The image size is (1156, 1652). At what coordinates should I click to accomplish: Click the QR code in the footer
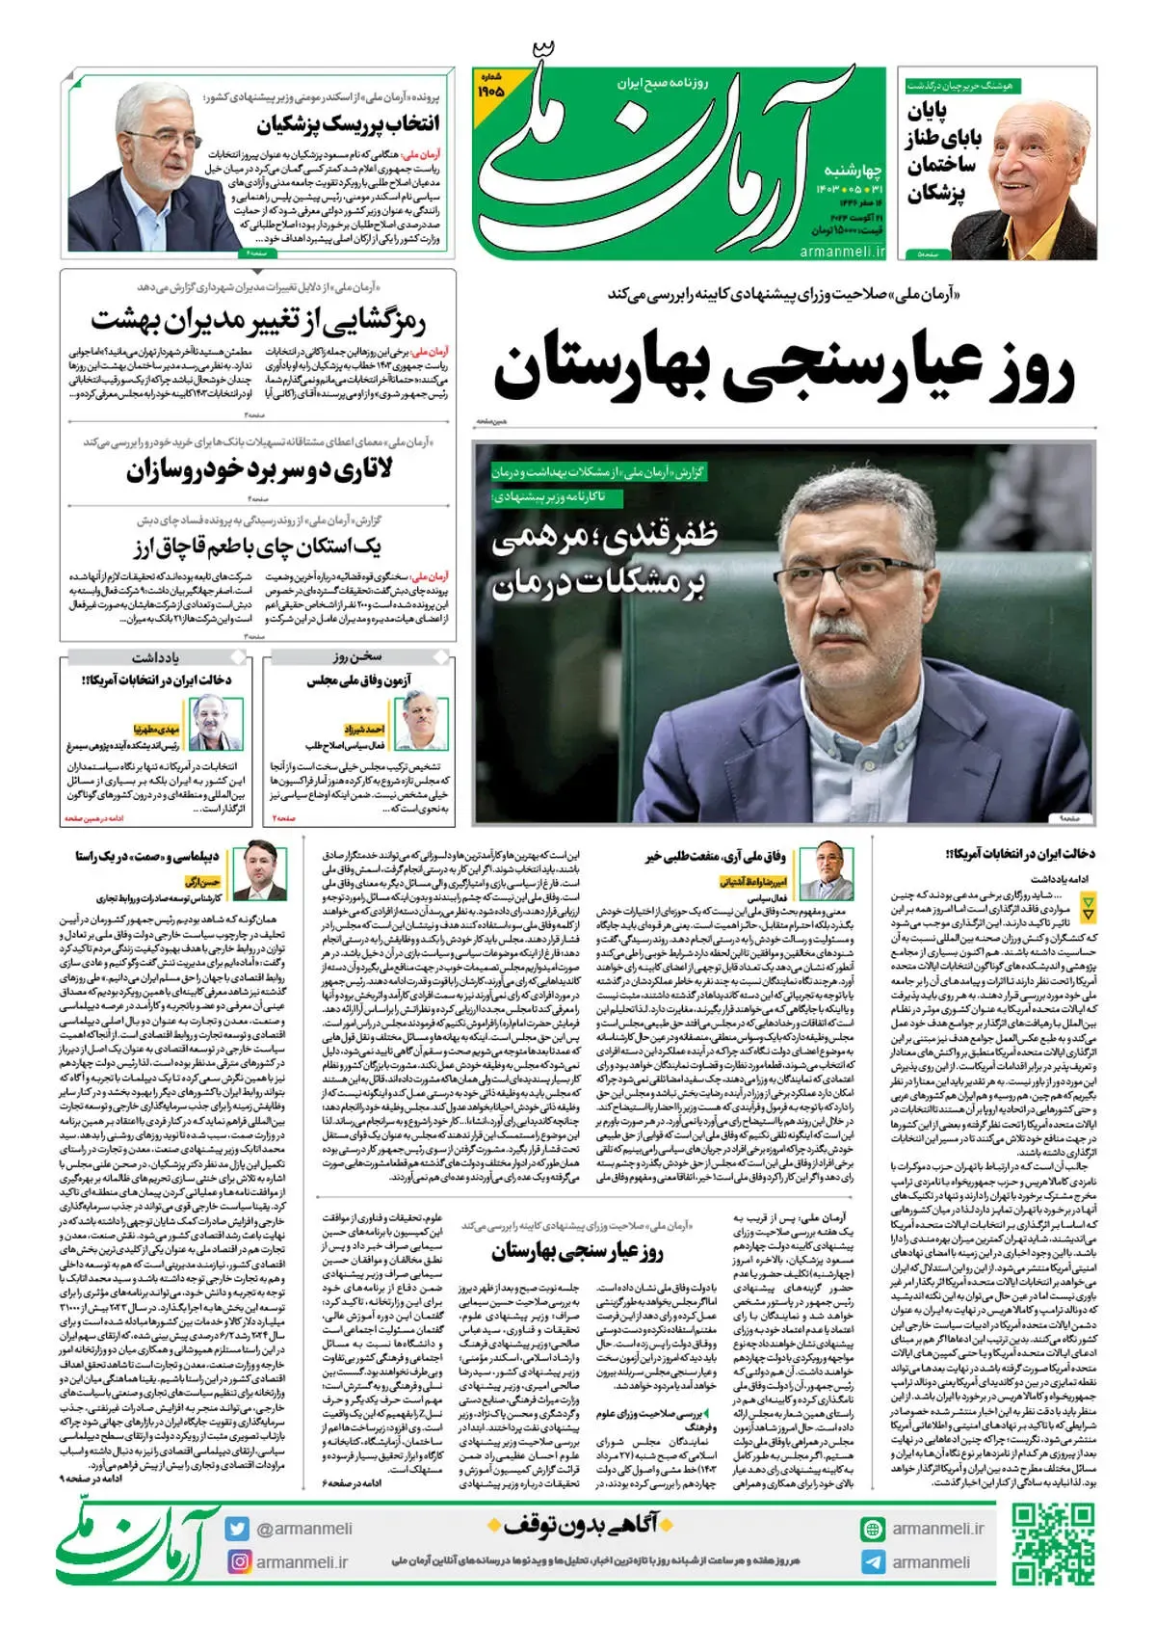point(1053,1545)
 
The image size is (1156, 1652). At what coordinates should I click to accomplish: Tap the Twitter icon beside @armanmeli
point(237,1529)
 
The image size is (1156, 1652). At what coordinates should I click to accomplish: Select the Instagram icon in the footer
point(238,1561)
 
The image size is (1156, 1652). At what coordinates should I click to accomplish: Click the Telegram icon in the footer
point(873,1562)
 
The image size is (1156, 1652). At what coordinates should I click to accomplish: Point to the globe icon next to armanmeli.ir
point(873,1529)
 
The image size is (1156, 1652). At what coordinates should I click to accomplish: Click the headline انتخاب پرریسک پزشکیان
point(348,123)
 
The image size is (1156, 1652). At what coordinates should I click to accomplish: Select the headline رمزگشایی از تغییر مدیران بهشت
point(258,319)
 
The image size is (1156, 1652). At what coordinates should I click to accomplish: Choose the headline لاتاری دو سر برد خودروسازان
point(258,471)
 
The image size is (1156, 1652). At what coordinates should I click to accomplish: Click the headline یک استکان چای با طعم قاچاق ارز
point(257,547)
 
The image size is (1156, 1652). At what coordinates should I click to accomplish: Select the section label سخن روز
point(357,657)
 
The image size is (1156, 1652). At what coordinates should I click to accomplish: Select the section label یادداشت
point(155,657)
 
